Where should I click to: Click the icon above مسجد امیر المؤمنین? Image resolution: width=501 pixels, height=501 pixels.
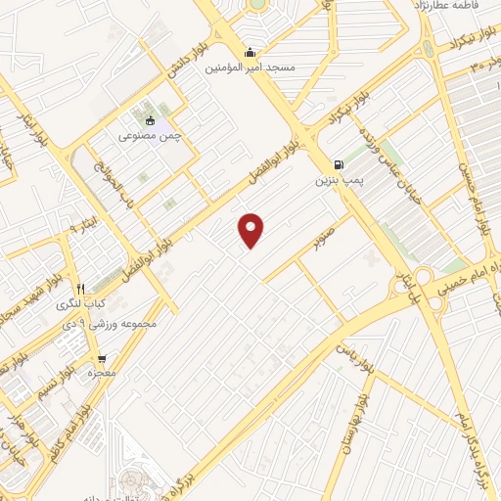250,53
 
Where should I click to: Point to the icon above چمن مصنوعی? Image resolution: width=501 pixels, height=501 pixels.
150,121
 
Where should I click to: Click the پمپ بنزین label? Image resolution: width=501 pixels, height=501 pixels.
338,180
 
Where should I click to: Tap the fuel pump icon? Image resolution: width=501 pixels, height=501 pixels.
338,164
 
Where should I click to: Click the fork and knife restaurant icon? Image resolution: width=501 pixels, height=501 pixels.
81,290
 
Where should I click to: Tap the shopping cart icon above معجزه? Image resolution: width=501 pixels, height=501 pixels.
102,359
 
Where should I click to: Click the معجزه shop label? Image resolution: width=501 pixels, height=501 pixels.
102,374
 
